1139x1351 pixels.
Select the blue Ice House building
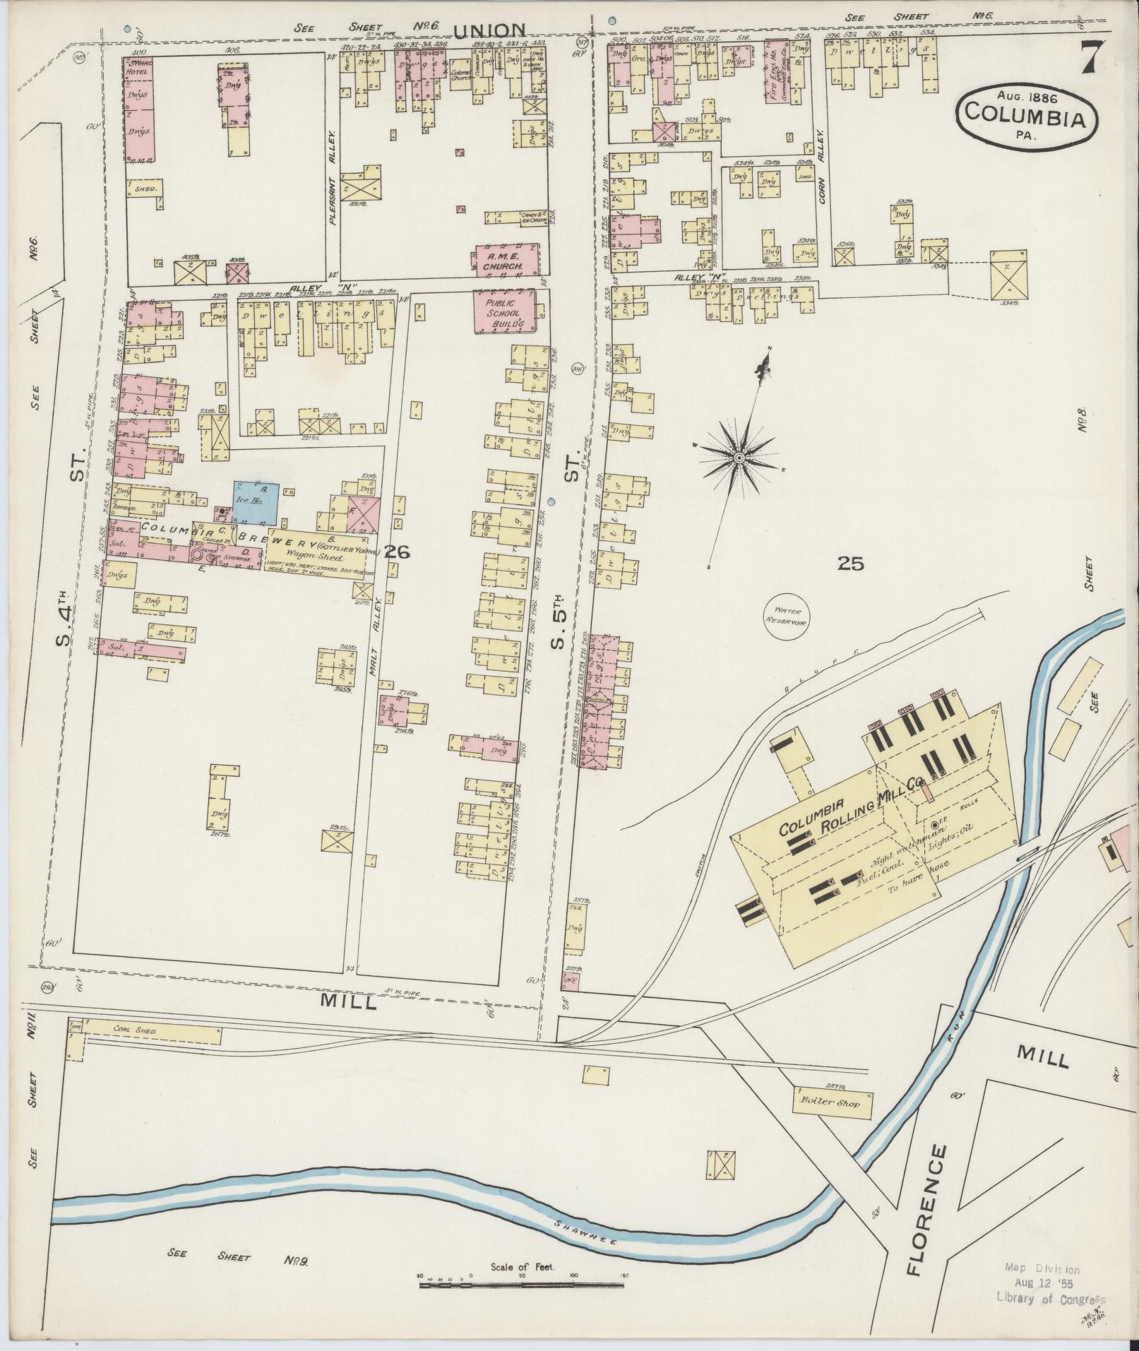(255, 503)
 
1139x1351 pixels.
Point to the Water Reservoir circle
(787, 614)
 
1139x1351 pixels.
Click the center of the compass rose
(739, 458)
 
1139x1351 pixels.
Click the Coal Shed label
(134, 1030)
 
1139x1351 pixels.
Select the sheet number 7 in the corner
(1088, 58)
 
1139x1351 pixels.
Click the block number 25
(850, 563)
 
